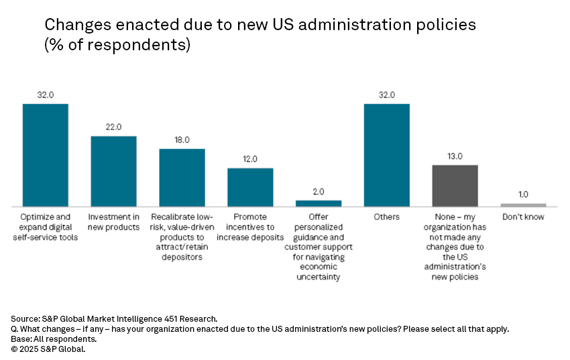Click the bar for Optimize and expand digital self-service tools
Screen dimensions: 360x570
point(46,155)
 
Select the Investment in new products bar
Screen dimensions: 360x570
point(114,171)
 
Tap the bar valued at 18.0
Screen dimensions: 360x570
point(182,177)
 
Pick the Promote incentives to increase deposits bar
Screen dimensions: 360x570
point(250,186)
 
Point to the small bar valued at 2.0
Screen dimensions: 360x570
point(319,203)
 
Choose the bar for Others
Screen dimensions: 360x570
point(387,155)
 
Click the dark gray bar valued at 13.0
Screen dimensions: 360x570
point(455,185)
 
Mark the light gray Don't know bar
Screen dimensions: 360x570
point(523,204)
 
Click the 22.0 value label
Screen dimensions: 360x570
point(114,127)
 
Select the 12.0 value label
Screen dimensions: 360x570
point(250,159)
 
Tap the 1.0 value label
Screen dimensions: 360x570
point(523,194)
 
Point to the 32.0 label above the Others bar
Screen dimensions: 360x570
point(387,95)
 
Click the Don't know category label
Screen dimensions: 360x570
point(523,217)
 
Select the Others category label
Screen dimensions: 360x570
point(387,217)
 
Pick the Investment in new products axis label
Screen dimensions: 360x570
point(114,222)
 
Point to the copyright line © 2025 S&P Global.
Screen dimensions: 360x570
point(48,348)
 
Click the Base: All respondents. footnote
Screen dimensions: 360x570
point(53,339)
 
